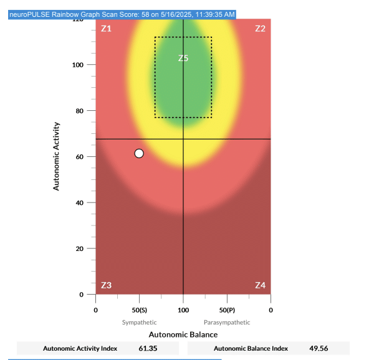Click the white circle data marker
[139, 153]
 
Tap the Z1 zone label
[106, 29]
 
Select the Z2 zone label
[260, 29]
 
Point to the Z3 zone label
[106, 285]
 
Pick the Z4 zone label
[260, 285]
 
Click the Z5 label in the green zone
[183, 58]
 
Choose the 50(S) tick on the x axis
[139, 310]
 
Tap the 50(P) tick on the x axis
[227, 310]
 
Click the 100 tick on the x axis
[183, 310]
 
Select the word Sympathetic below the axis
[139, 323]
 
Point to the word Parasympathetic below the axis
[227, 323]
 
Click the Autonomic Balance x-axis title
[183, 334]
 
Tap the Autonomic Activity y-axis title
[57, 156]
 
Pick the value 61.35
[148, 349]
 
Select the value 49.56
[319, 349]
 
